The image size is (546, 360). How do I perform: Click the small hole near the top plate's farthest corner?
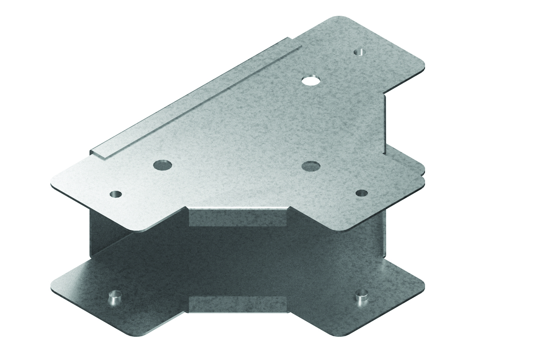[x=359, y=52]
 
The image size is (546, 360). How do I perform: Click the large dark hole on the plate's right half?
[x=310, y=165]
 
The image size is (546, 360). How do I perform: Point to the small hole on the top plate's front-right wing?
[x=362, y=192]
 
